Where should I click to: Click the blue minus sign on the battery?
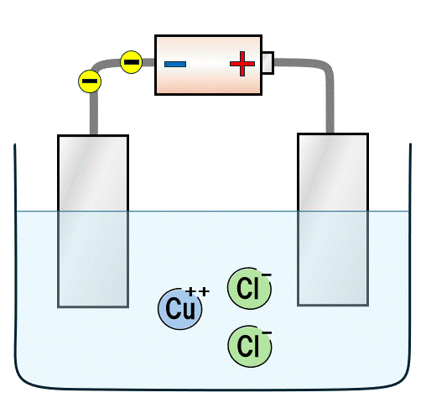[175, 64]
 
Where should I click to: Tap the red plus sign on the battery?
[242, 64]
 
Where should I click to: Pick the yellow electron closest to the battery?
[131, 61]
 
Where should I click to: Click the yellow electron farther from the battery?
[90, 81]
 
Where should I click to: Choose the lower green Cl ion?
[249, 345]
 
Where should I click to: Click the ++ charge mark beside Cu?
[198, 291]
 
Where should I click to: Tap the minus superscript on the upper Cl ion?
[267, 275]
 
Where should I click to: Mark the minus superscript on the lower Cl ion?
[267, 332]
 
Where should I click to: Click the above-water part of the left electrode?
[93, 172]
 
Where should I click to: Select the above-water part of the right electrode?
[334, 172]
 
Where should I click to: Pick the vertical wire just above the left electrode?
[94, 118]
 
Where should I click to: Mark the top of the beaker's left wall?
[15, 149]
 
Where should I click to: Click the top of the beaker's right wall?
[410, 149]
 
